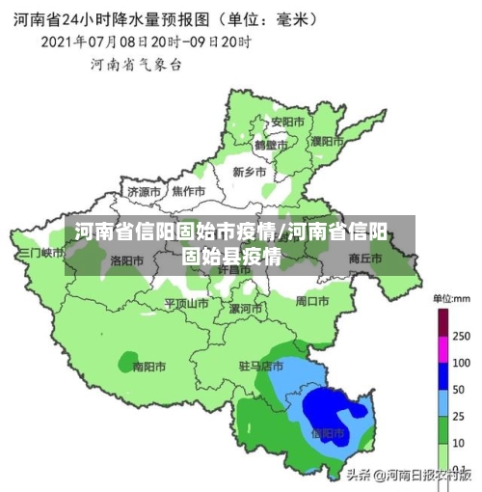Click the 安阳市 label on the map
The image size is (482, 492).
[x=286, y=123]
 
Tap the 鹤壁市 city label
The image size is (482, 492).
[x=271, y=145]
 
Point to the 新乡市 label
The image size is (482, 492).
[x=250, y=171]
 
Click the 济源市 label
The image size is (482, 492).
[x=145, y=191]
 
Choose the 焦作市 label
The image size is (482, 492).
[x=188, y=191]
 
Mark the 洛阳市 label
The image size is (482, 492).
[x=127, y=260]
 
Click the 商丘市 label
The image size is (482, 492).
[x=365, y=258]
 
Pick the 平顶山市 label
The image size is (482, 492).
[x=186, y=303]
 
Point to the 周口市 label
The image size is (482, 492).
[x=312, y=301]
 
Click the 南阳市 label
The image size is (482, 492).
[x=149, y=367]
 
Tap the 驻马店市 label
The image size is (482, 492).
[x=261, y=367]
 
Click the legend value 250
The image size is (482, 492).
[x=461, y=336]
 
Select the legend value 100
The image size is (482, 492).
[x=461, y=363]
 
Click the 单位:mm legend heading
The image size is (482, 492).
[x=449, y=296]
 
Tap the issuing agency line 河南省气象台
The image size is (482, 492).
[x=136, y=65]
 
